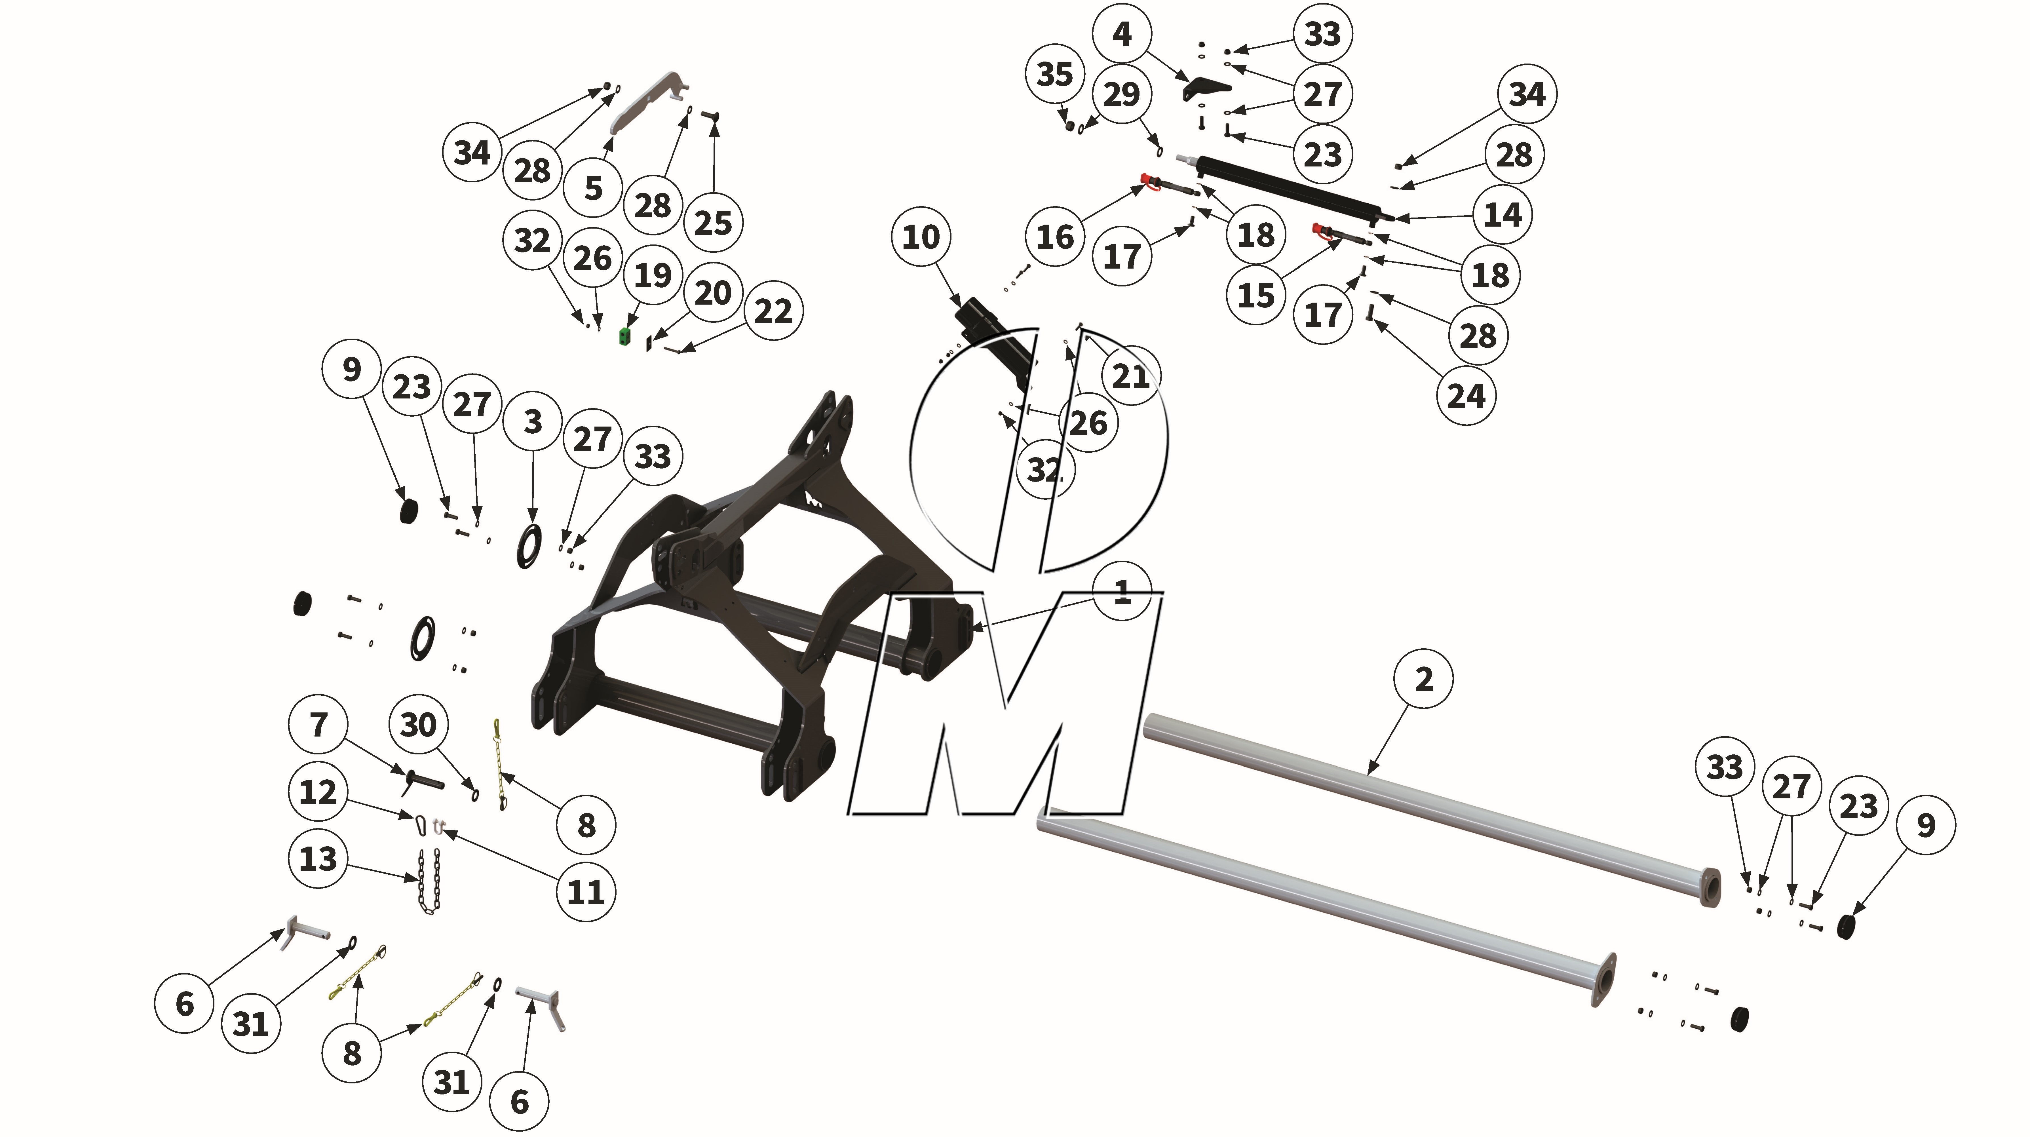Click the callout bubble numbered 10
pyautogui.click(x=921, y=236)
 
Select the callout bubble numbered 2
pyautogui.click(x=1424, y=678)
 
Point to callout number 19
pyautogui.click(x=653, y=275)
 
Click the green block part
pyautogui.click(x=626, y=336)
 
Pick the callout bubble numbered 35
pyautogui.click(x=1054, y=74)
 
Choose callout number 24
pyautogui.click(x=1466, y=396)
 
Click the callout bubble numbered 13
pyautogui.click(x=318, y=858)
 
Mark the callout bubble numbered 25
pyautogui.click(x=713, y=223)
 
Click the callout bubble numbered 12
pyautogui.click(x=318, y=791)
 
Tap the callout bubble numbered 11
pyautogui.click(x=586, y=892)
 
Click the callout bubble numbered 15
pyautogui.click(x=1256, y=296)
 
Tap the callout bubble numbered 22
pyautogui.click(x=773, y=311)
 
